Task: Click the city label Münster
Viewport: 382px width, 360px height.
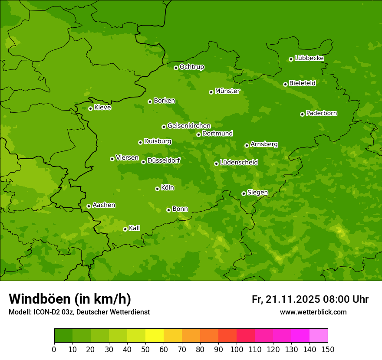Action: click(x=227, y=91)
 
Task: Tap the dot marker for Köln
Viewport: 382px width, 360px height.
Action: click(x=157, y=189)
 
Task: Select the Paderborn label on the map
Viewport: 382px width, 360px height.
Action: click(x=322, y=113)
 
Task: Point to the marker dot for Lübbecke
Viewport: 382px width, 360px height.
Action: click(x=291, y=59)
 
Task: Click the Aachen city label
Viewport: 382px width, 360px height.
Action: click(x=104, y=205)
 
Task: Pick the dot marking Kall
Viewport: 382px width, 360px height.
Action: click(x=125, y=229)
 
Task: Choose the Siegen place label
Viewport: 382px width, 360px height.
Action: click(x=257, y=193)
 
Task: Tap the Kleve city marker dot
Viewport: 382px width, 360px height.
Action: click(x=90, y=108)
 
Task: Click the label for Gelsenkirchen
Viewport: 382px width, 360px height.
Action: click(x=189, y=126)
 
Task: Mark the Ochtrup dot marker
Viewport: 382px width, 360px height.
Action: click(x=176, y=68)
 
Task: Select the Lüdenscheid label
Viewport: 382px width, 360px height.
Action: click(x=239, y=163)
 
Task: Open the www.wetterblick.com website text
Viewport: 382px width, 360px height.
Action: click(x=313, y=312)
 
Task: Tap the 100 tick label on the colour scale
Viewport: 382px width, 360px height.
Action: click(x=237, y=349)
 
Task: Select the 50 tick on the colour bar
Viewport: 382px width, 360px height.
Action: click(x=145, y=349)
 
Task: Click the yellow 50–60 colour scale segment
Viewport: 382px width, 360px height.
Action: click(x=155, y=336)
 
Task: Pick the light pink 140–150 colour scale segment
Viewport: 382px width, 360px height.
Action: click(x=319, y=336)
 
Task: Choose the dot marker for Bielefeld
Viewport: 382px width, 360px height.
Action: click(x=285, y=84)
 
